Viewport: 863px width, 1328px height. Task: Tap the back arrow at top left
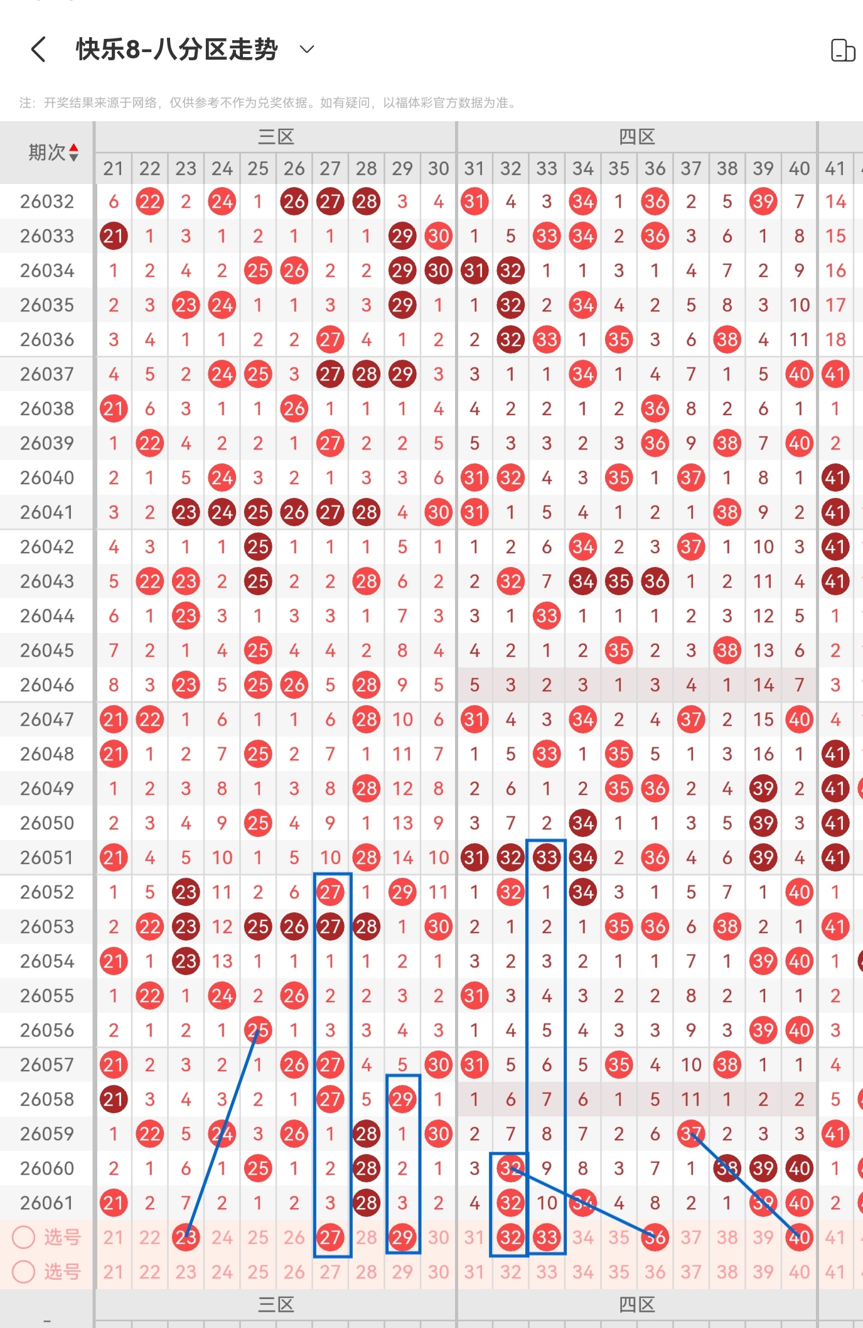(38, 49)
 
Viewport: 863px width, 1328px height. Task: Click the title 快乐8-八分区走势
(177, 49)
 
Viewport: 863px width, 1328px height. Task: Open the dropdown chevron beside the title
(307, 49)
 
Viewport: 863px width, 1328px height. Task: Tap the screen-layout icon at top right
(842, 50)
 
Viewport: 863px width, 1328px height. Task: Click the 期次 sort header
(53, 152)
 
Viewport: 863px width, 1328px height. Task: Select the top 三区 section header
(276, 136)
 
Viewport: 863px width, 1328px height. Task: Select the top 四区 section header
(637, 136)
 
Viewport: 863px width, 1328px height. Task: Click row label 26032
(47, 202)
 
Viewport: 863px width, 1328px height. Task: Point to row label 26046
(47, 685)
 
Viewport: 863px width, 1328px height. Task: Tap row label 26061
(47, 1203)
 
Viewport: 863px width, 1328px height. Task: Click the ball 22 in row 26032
(150, 202)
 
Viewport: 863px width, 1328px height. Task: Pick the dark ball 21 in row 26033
(114, 236)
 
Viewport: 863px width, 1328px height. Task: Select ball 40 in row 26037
(800, 374)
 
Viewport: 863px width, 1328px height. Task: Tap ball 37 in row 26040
(691, 478)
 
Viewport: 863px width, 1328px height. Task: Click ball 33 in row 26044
(547, 616)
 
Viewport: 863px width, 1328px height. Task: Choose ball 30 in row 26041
(438, 512)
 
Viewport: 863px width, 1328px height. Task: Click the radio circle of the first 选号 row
(24, 1237)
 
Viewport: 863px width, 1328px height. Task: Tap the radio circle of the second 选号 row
(24, 1271)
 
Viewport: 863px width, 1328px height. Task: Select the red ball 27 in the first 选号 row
(330, 1238)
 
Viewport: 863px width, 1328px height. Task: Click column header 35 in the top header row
(619, 168)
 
